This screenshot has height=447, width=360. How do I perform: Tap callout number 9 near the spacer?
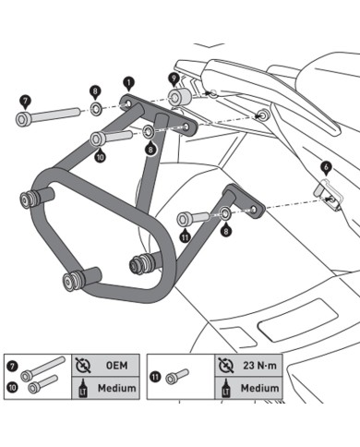pos(174,79)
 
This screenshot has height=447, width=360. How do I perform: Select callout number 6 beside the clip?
pos(325,168)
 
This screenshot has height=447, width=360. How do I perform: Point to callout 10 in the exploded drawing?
pos(99,157)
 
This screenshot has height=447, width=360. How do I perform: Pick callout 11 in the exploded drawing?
pos(185,236)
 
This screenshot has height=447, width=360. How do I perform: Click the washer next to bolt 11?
pos(225,215)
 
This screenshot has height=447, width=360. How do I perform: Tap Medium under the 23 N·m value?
pos(258,388)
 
